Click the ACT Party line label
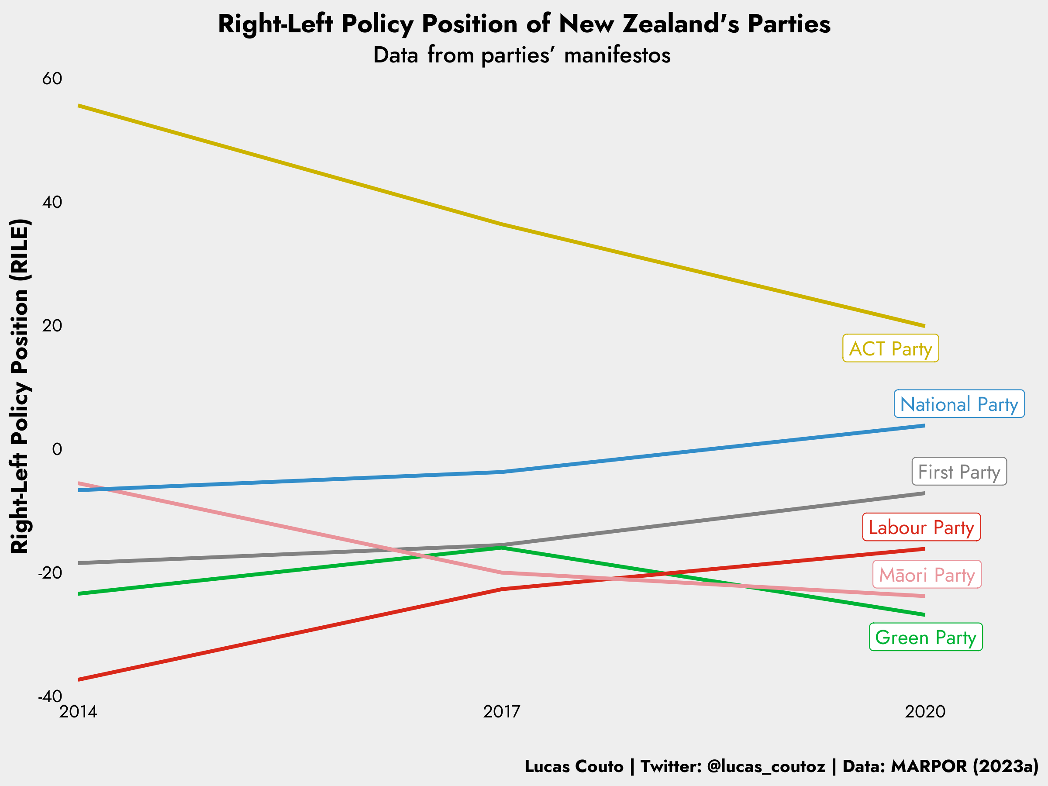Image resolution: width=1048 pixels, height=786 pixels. click(890, 349)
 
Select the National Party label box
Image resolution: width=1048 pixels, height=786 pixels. click(959, 404)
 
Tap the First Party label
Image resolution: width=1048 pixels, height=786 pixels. click(959, 472)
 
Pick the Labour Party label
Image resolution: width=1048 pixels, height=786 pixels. click(921, 527)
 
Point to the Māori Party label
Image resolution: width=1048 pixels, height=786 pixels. click(927, 575)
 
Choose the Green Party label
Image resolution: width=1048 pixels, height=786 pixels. click(926, 637)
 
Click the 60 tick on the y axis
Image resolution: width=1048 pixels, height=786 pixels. click(52, 79)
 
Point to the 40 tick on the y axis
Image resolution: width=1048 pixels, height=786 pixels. click(52, 202)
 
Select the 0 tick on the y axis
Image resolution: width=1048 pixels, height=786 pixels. click(57, 449)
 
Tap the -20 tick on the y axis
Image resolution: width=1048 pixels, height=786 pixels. click(50, 573)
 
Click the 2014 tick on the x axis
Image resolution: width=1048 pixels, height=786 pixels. click(78, 711)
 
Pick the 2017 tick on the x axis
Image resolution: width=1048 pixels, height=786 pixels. click(502, 711)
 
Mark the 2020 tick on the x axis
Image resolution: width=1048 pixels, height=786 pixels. click(925, 711)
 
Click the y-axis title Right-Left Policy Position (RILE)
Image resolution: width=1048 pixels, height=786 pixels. click(20, 386)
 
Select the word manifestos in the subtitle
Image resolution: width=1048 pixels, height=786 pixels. click(617, 55)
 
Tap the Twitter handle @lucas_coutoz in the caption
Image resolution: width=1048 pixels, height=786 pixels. click(766, 766)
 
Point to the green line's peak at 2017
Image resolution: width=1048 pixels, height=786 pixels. click(502, 547)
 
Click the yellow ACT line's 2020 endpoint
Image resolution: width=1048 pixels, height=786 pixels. click(924, 326)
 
